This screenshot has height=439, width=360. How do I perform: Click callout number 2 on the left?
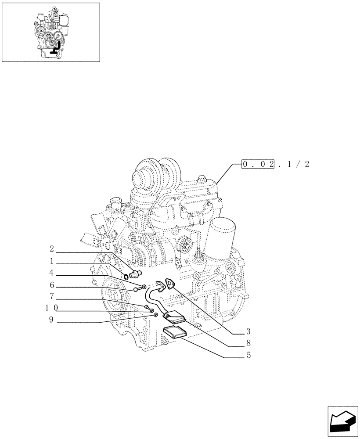click(52, 249)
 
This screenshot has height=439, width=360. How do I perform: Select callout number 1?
click(52, 260)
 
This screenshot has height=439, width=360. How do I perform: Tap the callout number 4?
click(52, 272)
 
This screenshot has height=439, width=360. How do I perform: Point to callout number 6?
click(52, 284)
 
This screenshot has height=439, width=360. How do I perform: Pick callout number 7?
click(52, 296)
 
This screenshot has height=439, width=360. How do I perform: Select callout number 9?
click(52, 320)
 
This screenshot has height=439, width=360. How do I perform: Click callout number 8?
click(248, 343)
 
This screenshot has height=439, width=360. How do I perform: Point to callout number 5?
click(248, 355)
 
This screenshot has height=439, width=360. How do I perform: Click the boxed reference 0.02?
click(259, 165)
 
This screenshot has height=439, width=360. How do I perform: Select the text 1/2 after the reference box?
click(299, 165)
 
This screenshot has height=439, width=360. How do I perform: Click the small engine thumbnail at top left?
click(51, 32)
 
